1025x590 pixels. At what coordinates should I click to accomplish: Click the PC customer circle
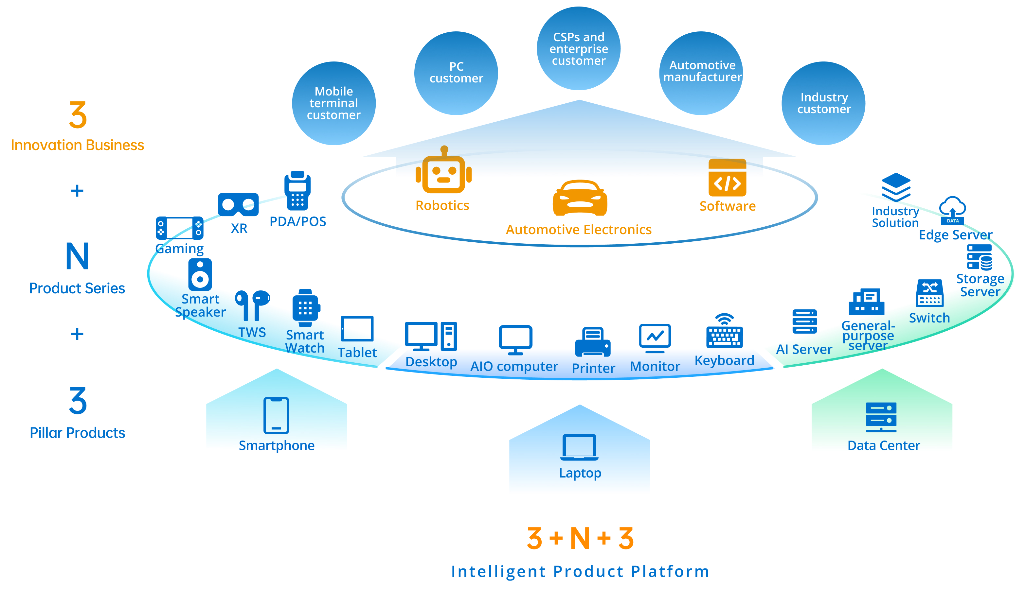point(456,73)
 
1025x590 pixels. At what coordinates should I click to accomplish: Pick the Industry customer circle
point(823,103)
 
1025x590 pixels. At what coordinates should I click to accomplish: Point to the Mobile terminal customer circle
point(334,103)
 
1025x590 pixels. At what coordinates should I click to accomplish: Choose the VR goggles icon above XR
point(238,205)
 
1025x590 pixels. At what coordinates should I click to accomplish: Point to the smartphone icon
point(276,415)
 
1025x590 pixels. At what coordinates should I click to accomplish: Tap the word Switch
point(929,318)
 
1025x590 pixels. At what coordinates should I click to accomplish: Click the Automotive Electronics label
point(579,230)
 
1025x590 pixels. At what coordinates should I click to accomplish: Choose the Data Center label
point(884,446)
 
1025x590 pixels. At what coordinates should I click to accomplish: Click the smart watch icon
point(306,308)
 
